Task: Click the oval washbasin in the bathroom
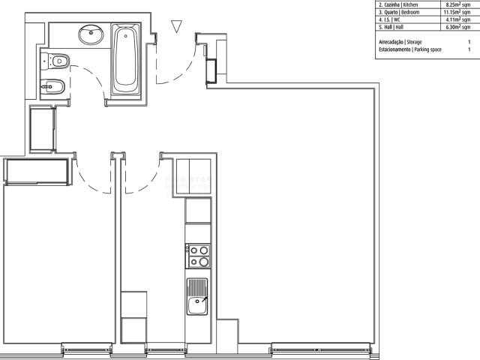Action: click(x=92, y=33)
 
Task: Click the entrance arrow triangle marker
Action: click(x=175, y=27)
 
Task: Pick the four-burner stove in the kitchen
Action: click(x=199, y=256)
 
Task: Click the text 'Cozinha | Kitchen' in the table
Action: click(x=397, y=4)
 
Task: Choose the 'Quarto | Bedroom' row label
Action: click(x=399, y=11)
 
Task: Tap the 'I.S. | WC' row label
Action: click(x=390, y=19)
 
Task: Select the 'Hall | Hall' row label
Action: click(x=391, y=27)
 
